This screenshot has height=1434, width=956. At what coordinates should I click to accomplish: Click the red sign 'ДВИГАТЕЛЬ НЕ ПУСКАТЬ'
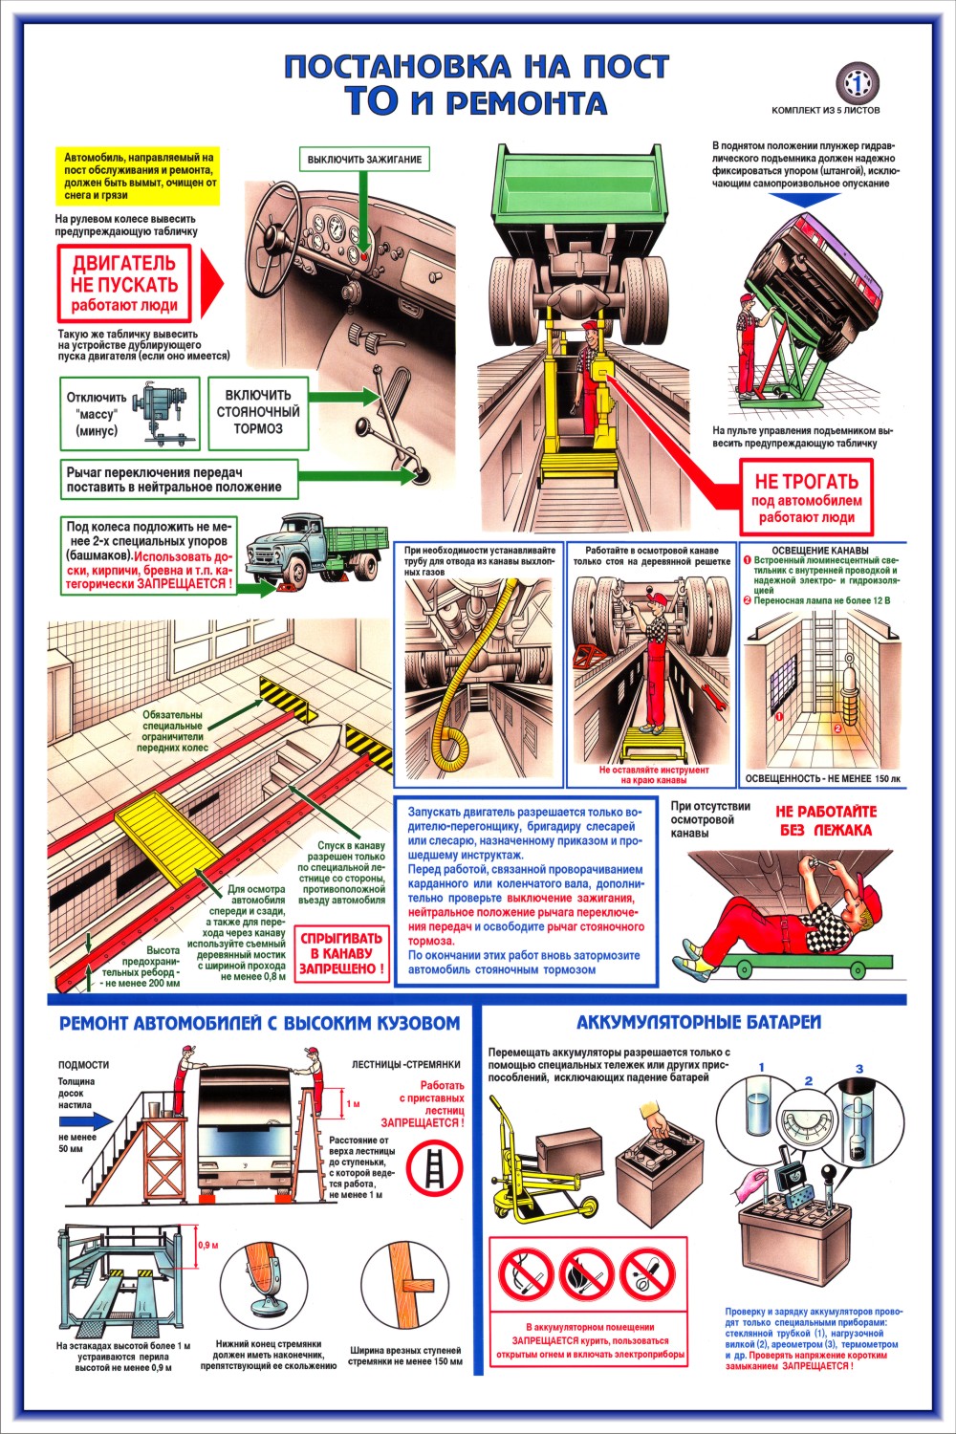pos(124,283)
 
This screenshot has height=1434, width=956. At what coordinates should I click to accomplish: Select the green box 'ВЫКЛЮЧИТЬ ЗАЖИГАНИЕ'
pos(364,159)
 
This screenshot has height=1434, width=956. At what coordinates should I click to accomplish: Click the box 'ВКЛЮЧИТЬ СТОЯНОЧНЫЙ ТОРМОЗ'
pos(258,412)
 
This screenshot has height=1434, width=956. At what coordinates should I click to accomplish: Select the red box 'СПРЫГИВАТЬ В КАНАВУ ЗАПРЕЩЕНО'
pos(342,953)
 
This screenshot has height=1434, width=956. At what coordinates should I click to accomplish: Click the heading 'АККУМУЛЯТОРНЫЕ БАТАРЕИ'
pos(699,1022)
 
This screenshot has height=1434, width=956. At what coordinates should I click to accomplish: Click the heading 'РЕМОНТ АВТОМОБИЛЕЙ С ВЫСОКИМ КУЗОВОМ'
pos(259,1023)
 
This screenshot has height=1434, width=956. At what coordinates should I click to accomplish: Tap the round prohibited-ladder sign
pos(435,1170)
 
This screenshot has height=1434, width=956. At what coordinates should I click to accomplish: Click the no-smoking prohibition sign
pos(525,1275)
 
